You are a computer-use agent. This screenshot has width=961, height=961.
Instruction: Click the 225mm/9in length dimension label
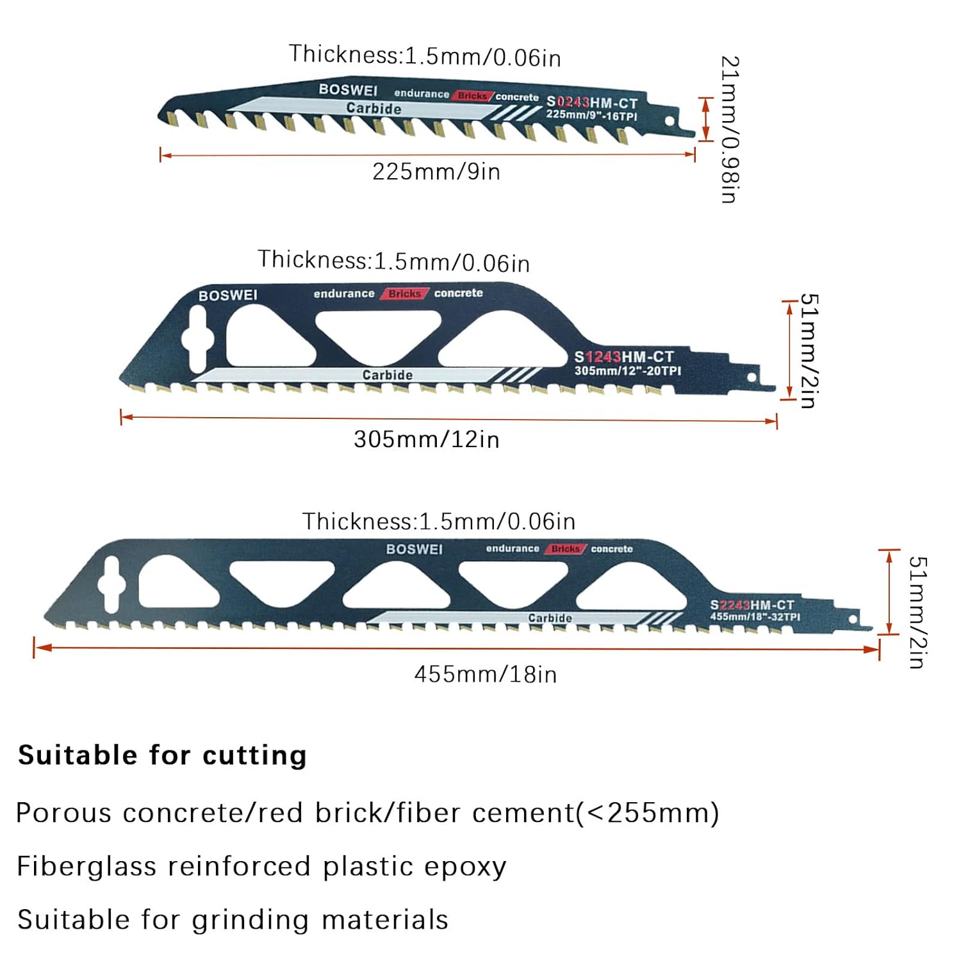click(x=436, y=172)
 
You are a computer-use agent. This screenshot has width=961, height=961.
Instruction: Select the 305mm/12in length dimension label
click(x=427, y=439)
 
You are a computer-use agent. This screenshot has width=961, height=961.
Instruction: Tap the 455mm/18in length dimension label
click(x=486, y=675)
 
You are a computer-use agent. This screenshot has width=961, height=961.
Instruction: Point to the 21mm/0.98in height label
click(x=730, y=129)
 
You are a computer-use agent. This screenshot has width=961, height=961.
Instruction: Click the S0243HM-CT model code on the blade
click(x=592, y=103)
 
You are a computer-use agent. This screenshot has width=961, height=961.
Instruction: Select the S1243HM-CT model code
click(x=624, y=357)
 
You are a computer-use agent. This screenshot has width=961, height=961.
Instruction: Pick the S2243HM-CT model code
click(x=752, y=605)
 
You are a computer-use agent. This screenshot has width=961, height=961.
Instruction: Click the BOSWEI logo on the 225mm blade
click(x=349, y=90)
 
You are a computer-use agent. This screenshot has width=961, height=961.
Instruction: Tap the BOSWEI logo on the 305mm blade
click(x=228, y=295)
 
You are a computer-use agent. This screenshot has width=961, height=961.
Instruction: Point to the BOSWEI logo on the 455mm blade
click(x=415, y=549)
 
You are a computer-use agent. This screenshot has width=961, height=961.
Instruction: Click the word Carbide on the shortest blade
click(x=374, y=108)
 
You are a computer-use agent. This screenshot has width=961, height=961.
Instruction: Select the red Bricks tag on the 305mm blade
click(x=405, y=293)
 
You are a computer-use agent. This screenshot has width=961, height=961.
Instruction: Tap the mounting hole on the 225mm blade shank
click(x=669, y=121)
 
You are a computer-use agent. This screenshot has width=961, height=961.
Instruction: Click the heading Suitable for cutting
click(x=163, y=755)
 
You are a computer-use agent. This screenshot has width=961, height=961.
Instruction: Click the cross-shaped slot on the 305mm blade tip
click(x=197, y=337)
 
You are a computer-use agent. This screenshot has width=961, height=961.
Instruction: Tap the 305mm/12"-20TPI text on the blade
click(x=627, y=371)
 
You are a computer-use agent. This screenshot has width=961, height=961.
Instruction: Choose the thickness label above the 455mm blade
click(x=439, y=522)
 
